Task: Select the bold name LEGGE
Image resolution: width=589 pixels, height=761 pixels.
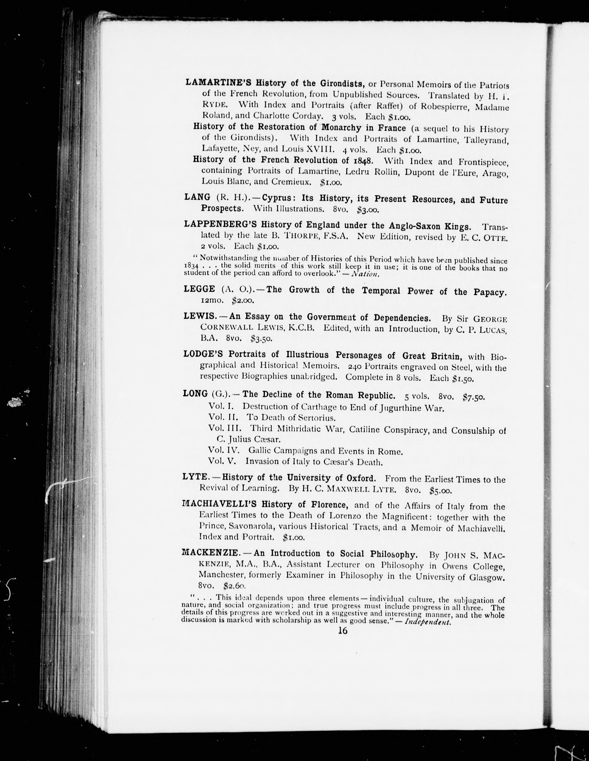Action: click(x=199, y=289)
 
